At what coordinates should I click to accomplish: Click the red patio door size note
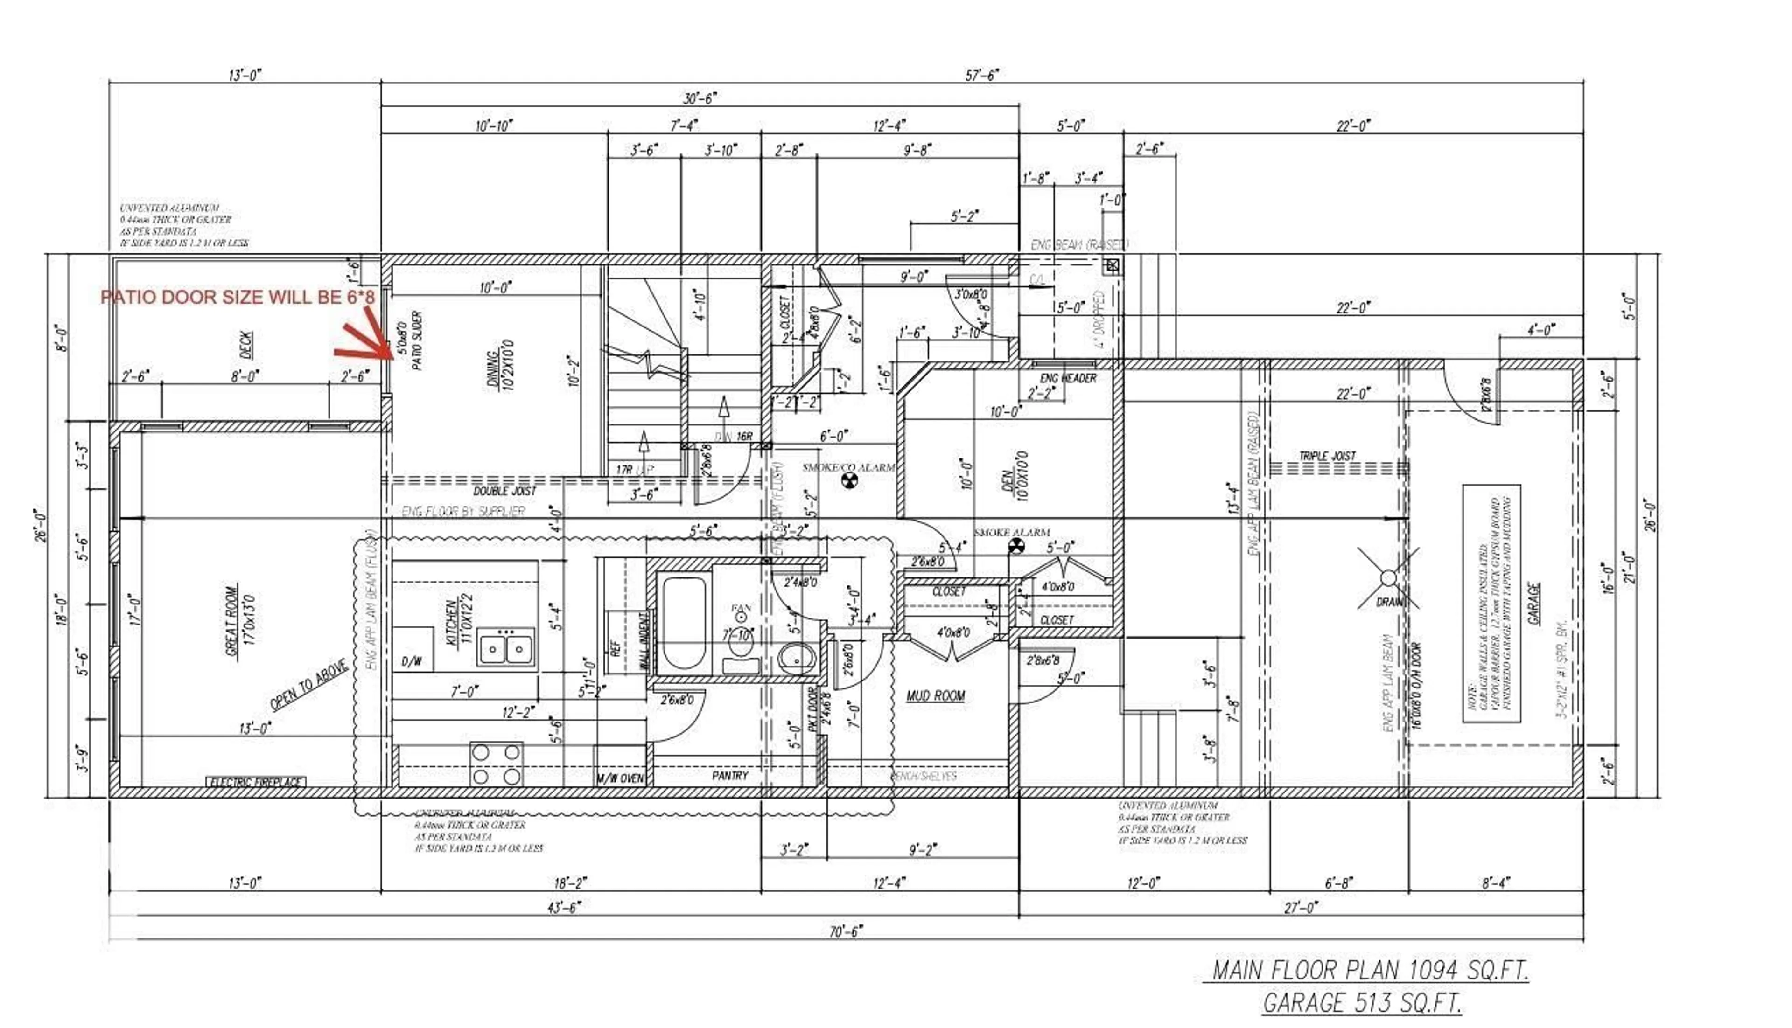tap(238, 297)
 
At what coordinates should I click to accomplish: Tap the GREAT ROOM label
tap(240, 620)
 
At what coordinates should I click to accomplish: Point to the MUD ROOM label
tap(935, 696)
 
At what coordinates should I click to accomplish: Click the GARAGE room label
tap(1533, 604)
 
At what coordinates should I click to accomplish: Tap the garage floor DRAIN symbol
tap(1388, 579)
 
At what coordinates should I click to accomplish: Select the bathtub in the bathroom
tap(684, 624)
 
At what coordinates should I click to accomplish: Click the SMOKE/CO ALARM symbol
tap(850, 481)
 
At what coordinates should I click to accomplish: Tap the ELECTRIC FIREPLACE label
tap(256, 782)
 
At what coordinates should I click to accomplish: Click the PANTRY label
tap(730, 775)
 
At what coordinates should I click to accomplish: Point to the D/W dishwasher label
tap(412, 661)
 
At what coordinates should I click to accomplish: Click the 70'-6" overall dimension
tap(846, 932)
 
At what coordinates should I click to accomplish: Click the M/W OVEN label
tap(620, 778)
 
